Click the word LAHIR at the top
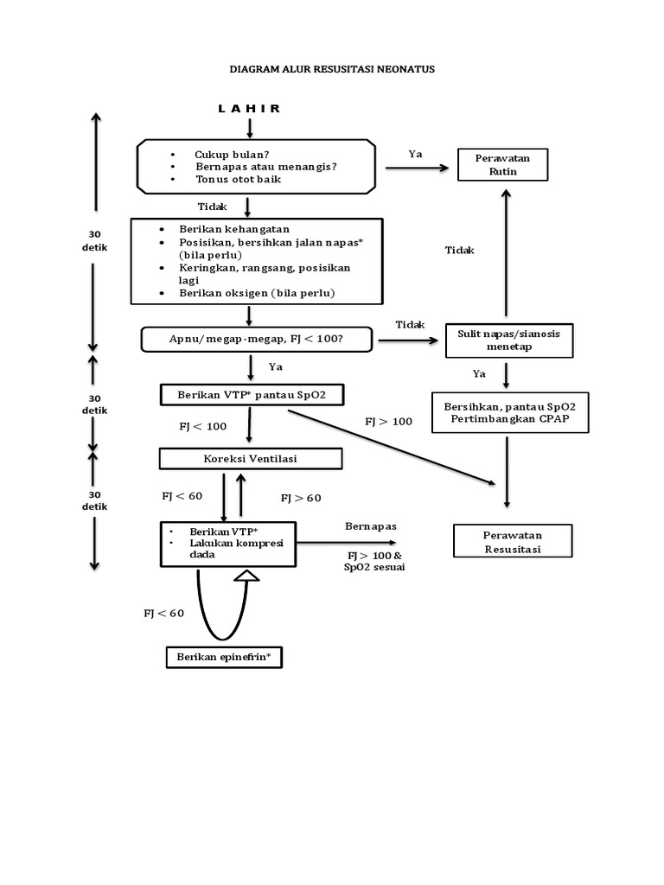pyautogui.click(x=249, y=108)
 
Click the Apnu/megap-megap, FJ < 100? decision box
pyautogui.click(x=256, y=340)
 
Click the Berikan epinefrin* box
pyautogui.click(x=224, y=658)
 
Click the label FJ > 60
pyautogui.click(x=301, y=499)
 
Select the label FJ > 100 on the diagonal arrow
pyautogui.click(x=388, y=422)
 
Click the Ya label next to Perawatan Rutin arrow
pyautogui.click(x=415, y=154)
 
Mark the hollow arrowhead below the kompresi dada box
pyautogui.click(x=247, y=575)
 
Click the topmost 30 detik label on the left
pyautogui.click(x=97, y=240)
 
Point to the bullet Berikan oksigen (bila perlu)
pyautogui.click(x=256, y=294)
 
